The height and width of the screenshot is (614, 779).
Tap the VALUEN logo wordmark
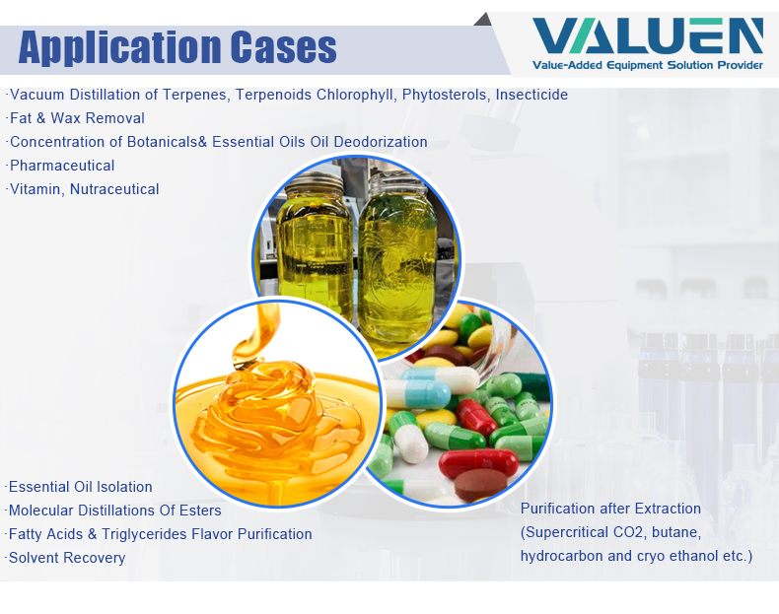click(x=647, y=36)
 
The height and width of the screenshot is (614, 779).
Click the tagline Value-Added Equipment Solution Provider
click(x=647, y=66)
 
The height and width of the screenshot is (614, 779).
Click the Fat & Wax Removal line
click(x=77, y=118)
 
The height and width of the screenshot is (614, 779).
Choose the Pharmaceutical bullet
click(x=62, y=166)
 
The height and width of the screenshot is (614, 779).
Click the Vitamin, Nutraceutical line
click(x=84, y=189)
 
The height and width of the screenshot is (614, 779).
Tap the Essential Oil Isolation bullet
click(x=81, y=487)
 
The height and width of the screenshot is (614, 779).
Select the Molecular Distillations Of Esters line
click(x=114, y=511)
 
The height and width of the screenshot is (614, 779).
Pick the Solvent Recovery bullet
click(x=67, y=558)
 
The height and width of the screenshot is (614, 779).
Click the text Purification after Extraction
click(x=610, y=509)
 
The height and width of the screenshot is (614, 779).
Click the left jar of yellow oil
click(x=316, y=256)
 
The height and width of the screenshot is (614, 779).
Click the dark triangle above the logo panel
click(x=482, y=19)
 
